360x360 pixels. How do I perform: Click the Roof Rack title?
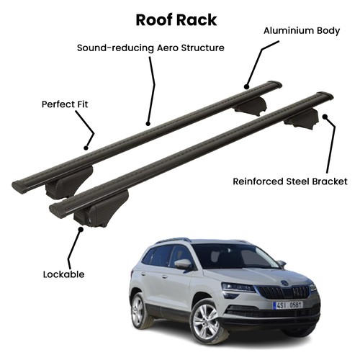(x=176, y=20)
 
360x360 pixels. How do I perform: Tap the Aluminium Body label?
(x=302, y=31)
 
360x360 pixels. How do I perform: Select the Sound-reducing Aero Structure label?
(x=150, y=48)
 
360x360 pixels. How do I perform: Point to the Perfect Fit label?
(x=65, y=104)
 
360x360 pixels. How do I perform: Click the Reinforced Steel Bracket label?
(x=290, y=181)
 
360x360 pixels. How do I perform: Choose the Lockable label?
(x=64, y=274)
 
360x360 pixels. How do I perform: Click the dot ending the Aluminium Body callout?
(x=246, y=86)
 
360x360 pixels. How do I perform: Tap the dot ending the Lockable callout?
(x=81, y=229)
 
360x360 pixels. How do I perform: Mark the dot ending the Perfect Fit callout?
(x=86, y=148)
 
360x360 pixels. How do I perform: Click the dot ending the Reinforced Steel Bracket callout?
(x=325, y=117)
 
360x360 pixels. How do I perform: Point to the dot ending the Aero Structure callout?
(x=148, y=124)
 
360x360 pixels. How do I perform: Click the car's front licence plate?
(x=288, y=305)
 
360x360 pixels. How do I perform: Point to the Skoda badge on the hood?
(x=285, y=283)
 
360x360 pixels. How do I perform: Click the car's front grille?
(x=284, y=292)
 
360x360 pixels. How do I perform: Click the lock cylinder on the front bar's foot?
(x=89, y=221)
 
